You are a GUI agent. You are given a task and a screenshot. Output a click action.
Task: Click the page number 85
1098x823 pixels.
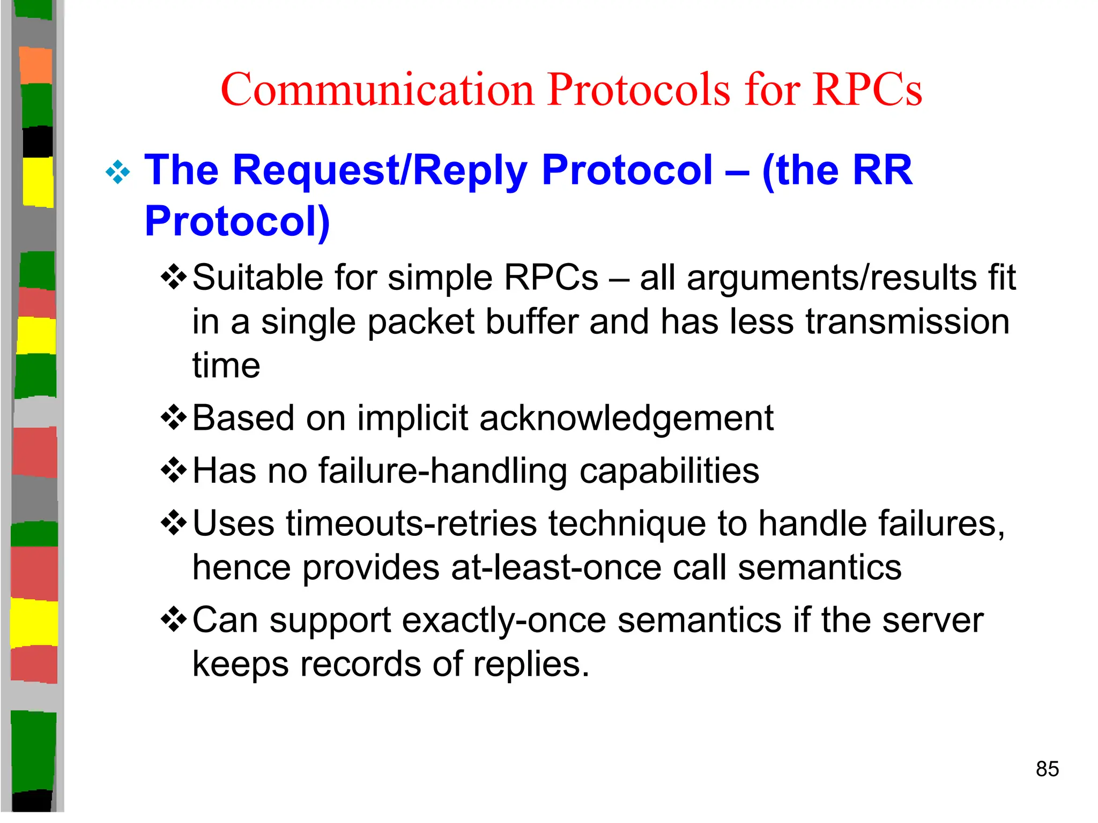1047,769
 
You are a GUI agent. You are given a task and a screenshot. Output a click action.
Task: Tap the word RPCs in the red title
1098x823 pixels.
867,89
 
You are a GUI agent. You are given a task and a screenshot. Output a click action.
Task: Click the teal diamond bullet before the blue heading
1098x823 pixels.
118,173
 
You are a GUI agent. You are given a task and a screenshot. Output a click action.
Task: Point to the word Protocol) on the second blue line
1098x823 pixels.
237,221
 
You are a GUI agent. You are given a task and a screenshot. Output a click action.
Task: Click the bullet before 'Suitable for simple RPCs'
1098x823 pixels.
174,277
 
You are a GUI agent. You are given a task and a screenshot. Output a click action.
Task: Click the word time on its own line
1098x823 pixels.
226,366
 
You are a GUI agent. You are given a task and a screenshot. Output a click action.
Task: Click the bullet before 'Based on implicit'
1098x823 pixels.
174,418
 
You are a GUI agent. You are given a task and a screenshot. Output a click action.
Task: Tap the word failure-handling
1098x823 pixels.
442,471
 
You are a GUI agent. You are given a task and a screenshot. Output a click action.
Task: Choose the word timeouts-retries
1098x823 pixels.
411,523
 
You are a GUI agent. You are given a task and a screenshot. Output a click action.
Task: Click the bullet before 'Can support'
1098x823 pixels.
174,620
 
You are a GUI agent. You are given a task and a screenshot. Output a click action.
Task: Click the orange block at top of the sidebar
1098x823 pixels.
35,65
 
